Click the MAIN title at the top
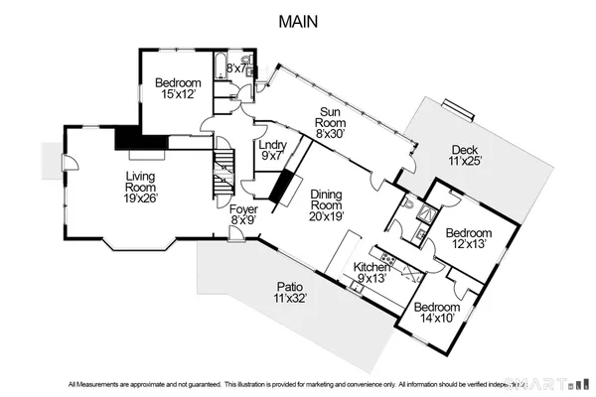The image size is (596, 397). pyautogui.click(x=297, y=21)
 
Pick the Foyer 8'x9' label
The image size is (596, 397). pyautogui.click(x=243, y=216)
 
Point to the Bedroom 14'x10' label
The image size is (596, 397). pyautogui.click(x=436, y=313)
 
